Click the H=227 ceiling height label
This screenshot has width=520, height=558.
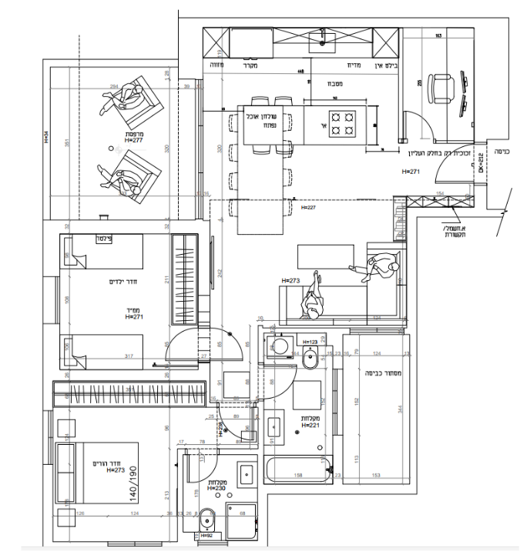coord(309,207)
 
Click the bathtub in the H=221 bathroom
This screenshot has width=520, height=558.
coord(297,467)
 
